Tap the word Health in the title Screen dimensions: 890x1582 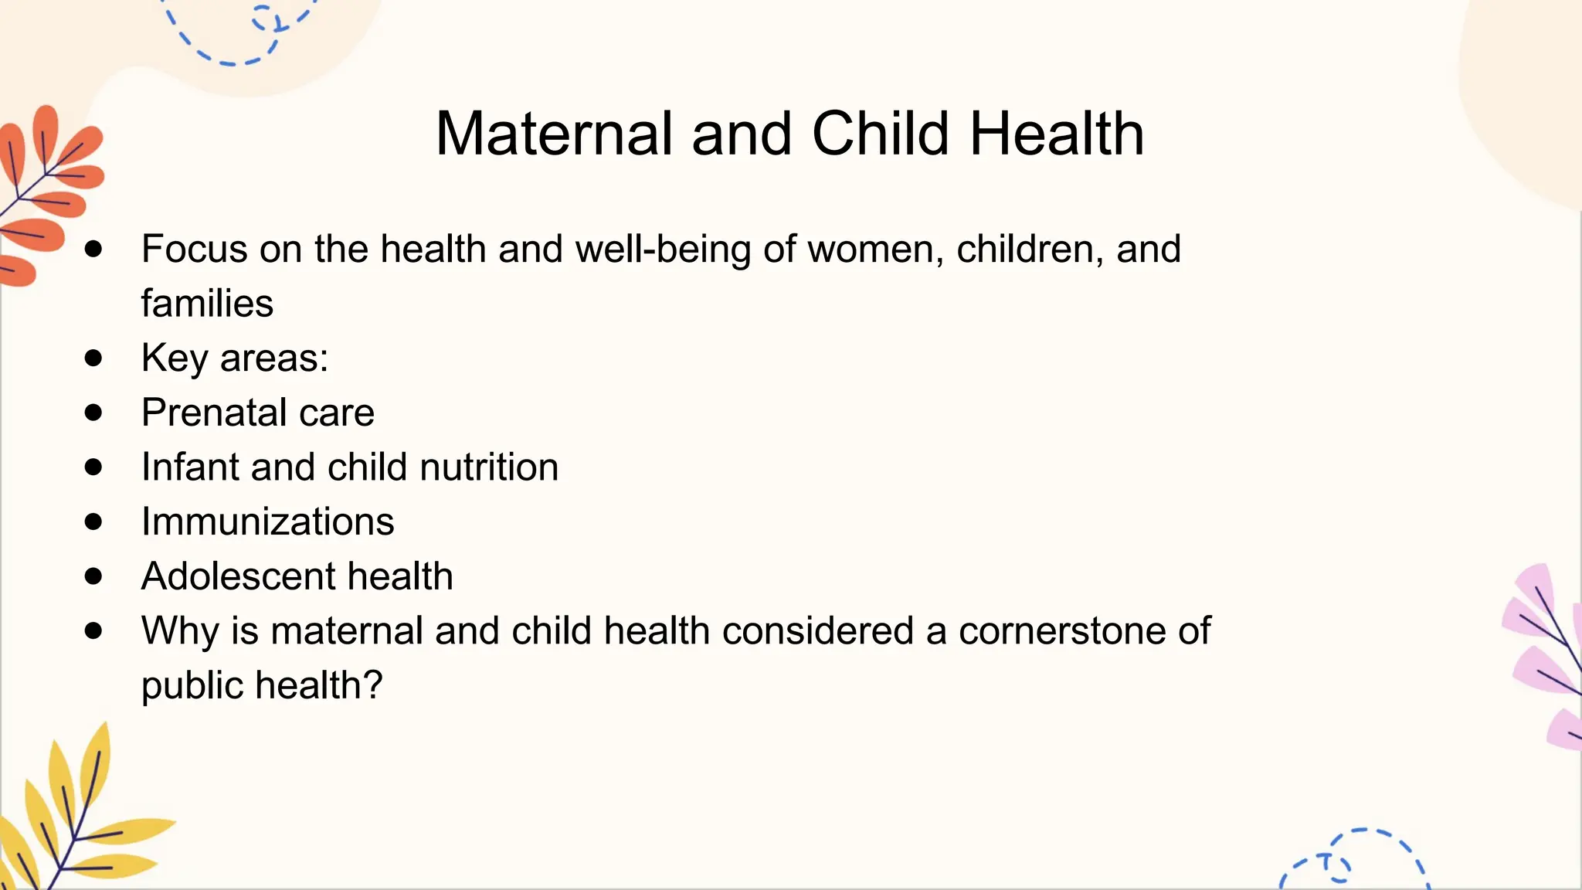coord(1056,134)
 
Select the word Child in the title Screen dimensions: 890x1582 coord(880,134)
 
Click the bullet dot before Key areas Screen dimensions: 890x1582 coord(93,358)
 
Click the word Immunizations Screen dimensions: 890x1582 coord(267,521)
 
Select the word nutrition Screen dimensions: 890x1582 coord(489,467)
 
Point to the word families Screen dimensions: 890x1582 coord(207,303)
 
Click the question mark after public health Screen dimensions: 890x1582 coord(373,684)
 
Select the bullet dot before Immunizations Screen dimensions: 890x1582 coord(93,521)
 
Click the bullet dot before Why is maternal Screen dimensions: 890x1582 coord(93,630)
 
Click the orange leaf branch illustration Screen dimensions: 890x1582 coord(46,193)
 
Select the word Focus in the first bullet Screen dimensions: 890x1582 coord(194,250)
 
